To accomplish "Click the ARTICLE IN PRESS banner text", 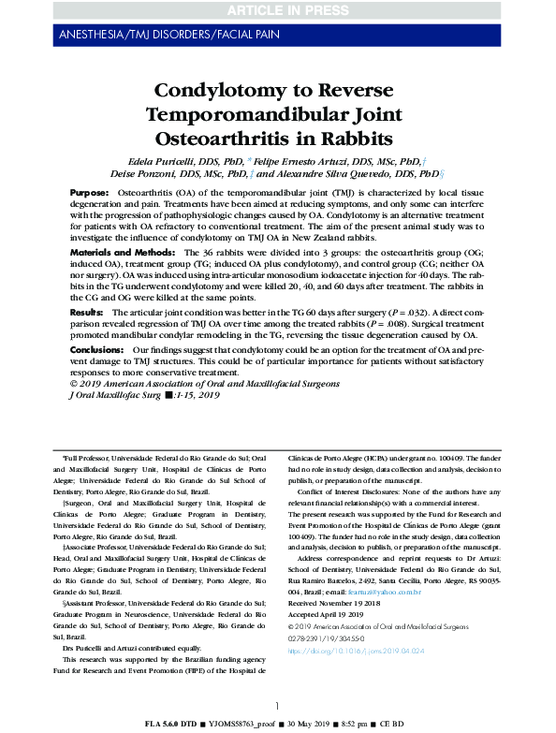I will tap(277, 10).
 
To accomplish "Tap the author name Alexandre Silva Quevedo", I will tap(347, 173).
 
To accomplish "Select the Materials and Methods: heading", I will tap(124, 253).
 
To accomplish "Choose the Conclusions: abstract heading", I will tap(98, 348).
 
